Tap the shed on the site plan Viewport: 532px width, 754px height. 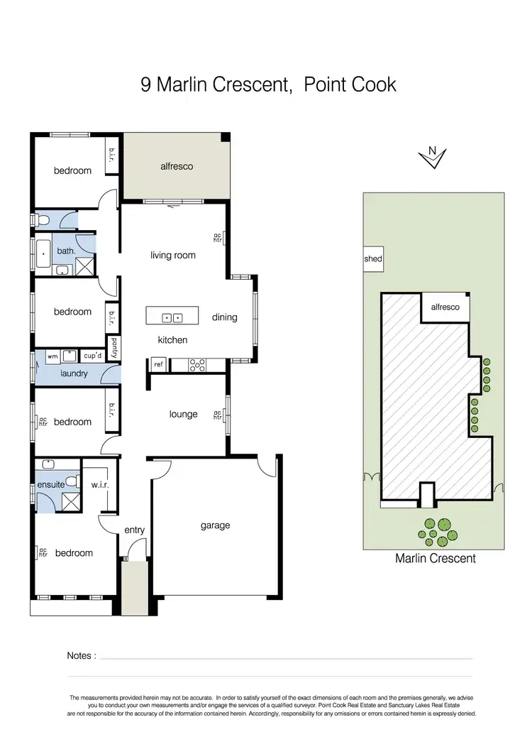pyautogui.click(x=372, y=259)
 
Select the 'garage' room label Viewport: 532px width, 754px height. pyautogui.click(x=215, y=525)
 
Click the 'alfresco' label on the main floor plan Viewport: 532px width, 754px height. pyautogui.click(x=177, y=166)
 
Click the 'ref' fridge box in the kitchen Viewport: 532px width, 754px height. pyautogui.click(x=157, y=366)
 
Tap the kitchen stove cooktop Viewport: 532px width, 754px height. pyautogui.click(x=198, y=366)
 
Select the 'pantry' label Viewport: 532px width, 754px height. pyautogui.click(x=113, y=347)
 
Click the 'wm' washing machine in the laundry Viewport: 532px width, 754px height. pyautogui.click(x=52, y=356)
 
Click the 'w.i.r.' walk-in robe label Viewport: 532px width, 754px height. pyautogui.click(x=99, y=485)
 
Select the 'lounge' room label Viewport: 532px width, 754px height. pyautogui.click(x=183, y=414)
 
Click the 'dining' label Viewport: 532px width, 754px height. pyautogui.click(x=224, y=317)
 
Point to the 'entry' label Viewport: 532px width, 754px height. pyautogui.click(x=134, y=530)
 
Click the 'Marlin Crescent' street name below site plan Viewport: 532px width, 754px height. pyautogui.click(x=435, y=559)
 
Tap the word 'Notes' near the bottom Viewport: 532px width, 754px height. pyautogui.click(x=81, y=656)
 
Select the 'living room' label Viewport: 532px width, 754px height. pyautogui.click(x=172, y=255)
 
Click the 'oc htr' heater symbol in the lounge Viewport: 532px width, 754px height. pyautogui.click(x=218, y=415)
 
